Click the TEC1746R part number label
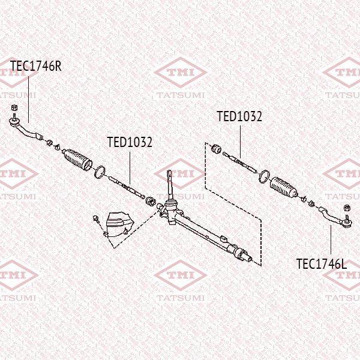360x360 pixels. (x=36, y=66)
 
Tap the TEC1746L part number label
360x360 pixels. (x=322, y=263)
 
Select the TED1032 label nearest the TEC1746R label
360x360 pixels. (x=130, y=142)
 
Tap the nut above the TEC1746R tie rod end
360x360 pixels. (x=14, y=109)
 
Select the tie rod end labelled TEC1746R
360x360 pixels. (x=24, y=127)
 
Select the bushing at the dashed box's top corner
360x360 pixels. (x=216, y=148)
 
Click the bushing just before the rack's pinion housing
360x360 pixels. (x=151, y=199)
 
